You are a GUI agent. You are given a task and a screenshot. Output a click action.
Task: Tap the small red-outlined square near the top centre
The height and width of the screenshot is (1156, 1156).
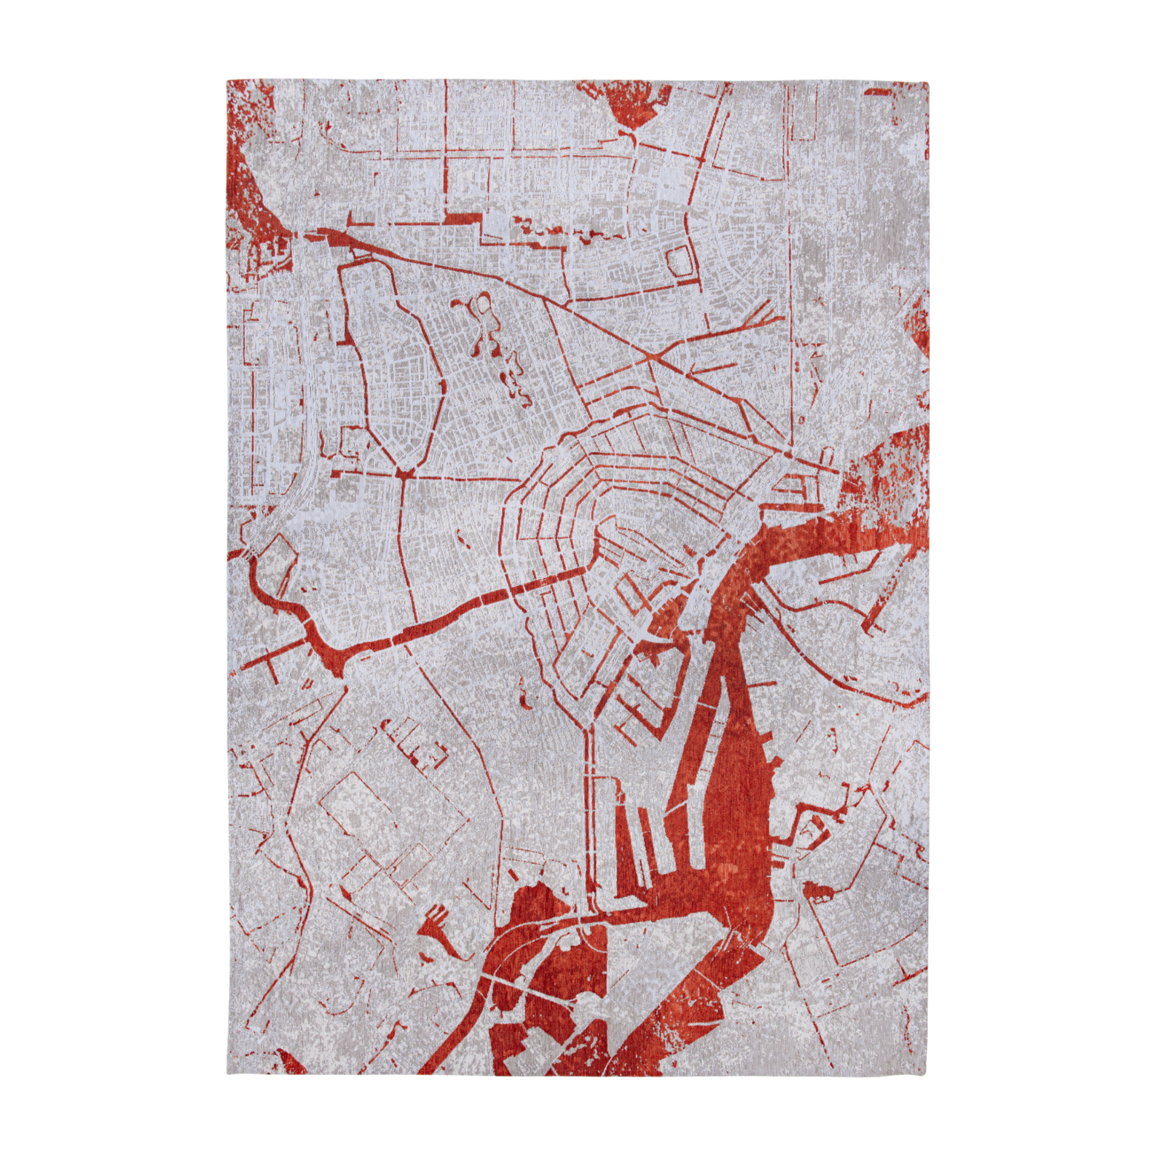pyautogui.click(x=680, y=261)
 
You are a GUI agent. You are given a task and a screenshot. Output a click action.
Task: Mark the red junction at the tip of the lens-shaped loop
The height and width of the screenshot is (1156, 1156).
pyautogui.click(x=403, y=473)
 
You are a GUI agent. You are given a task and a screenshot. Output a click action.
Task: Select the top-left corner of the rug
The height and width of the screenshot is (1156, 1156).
pyautogui.click(x=227, y=81)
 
